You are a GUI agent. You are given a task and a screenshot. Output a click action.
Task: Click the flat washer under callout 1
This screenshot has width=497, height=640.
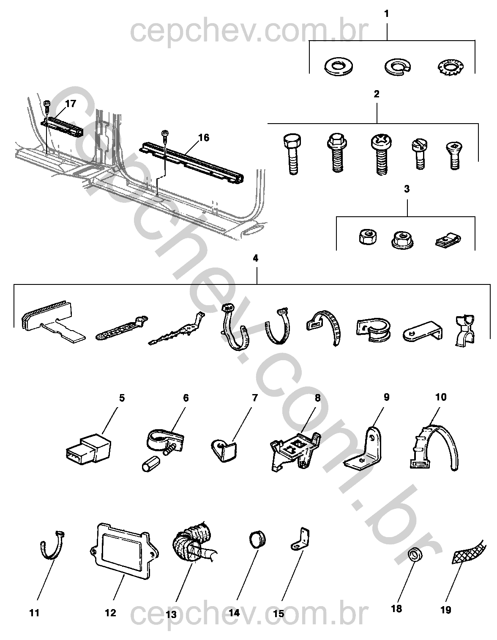tap(339, 66)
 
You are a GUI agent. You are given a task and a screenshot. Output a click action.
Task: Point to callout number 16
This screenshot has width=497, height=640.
tap(203, 138)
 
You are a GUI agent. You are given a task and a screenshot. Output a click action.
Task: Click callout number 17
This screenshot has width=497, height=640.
tap(71, 104)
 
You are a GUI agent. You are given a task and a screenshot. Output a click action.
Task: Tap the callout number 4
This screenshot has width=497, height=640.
tap(255, 258)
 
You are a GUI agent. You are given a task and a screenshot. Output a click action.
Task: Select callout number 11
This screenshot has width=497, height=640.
tap(35, 612)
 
